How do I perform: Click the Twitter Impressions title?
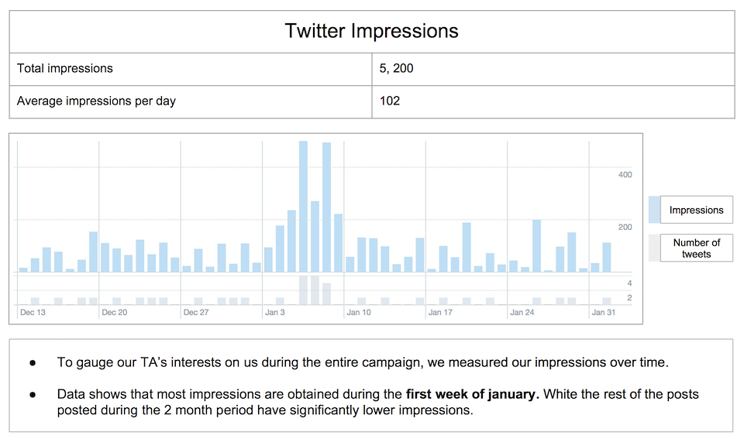pyautogui.click(x=371, y=31)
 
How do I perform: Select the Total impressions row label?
pyautogui.click(x=65, y=68)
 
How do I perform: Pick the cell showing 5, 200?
pyautogui.click(x=397, y=68)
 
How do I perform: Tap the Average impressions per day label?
pyautogui.click(x=96, y=101)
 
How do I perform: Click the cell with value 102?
pyautogui.click(x=390, y=101)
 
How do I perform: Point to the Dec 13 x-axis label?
pyautogui.click(x=33, y=313)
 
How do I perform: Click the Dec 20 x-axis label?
pyautogui.click(x=114, y=313)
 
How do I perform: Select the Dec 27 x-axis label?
pyautogui.click(x=196, y=313)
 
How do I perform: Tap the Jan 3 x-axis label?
pyautogui.click(x=275, y=313)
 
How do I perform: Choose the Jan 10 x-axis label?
pyautogui.click(x=359, y=313)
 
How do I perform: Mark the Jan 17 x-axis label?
pyautogui.click(x=440, y=313)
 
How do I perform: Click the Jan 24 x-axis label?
pyautogui.click(x=522, y=313)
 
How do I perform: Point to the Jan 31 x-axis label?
pyautogui.click(x=604, y=313)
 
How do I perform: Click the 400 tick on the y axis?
pyautogui.click(x=625, y=175)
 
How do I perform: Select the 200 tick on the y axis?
pyautogui.click(x=625, y=228)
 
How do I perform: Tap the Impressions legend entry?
pyautogui.click(x=696, y=210)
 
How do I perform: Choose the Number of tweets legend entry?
pyautogui.click(x=696, y=248)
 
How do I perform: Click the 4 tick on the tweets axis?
pyautogui.click(x=629, y=283)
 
